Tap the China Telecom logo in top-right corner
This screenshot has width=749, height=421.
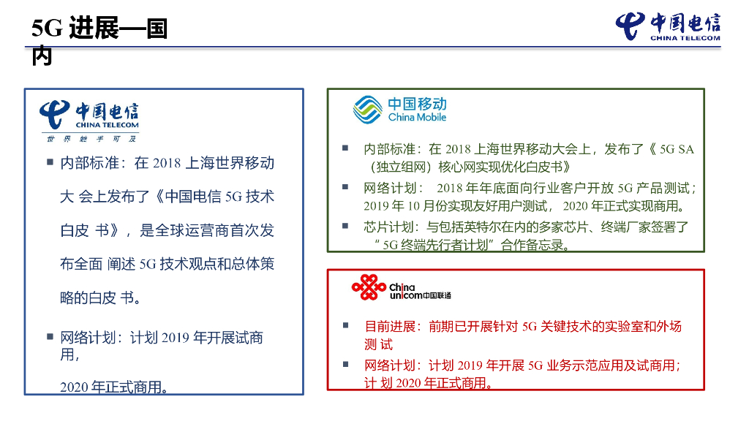[x=667, y=27]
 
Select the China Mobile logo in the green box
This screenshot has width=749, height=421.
[x=399, y=110]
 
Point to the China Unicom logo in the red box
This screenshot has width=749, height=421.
[x=401, y=289]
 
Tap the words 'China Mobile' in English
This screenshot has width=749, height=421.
[x=417, y=118]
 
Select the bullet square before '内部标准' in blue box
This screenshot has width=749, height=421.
[x=50, y=162]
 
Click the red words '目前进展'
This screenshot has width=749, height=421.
[x=390, y=326]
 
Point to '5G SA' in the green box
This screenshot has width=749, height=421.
[x=677, y=149]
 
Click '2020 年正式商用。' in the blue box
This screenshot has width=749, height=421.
[x=114, y=387]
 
